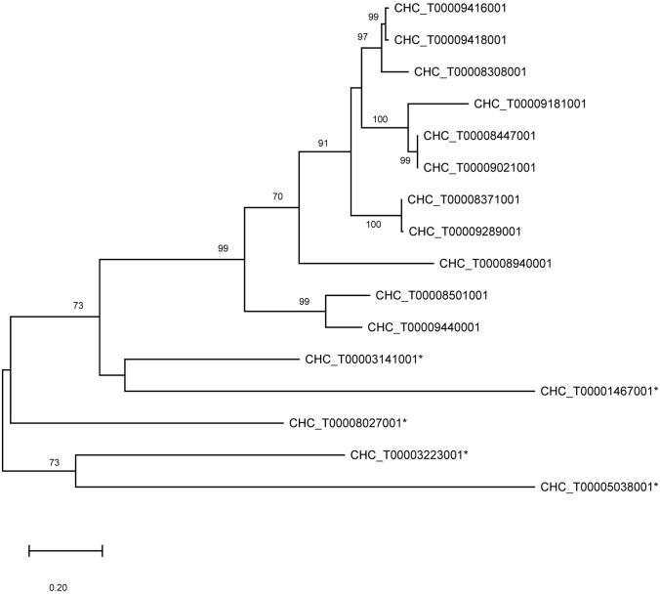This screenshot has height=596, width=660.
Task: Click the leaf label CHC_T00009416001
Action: pos(452,8)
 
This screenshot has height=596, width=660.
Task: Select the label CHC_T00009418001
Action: pos(452,40)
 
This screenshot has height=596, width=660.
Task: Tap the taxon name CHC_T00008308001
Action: pos(473,71)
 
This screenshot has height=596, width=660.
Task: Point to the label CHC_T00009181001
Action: pos(531,104)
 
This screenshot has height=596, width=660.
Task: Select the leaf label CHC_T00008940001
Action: pos(498,263)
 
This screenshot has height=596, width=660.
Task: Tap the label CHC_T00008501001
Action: pos(433,295)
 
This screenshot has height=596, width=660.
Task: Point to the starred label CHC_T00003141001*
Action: pos(366,360)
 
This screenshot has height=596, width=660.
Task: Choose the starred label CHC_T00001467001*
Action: pos(599,391)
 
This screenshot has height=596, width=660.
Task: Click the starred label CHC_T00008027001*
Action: pos(348,423)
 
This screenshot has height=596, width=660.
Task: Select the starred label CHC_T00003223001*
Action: pos(410,455)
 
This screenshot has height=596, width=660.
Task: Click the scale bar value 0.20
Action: pos(59,588)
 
